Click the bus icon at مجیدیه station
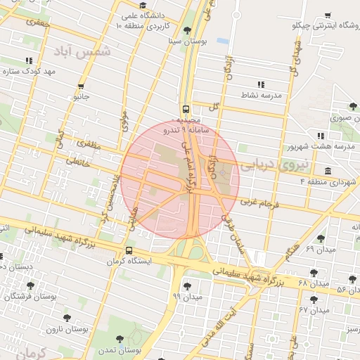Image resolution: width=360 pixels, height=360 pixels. (186, 109)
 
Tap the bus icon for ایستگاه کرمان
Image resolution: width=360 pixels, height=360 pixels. (128, 251)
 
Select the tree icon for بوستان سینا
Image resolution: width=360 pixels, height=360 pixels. (186, 30)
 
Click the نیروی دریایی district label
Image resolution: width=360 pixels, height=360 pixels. (274, 166)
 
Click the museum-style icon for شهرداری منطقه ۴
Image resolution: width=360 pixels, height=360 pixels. (328, 171)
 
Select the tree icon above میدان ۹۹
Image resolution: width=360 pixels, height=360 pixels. (186, 285)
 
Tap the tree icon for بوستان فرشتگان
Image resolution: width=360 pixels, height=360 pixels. (30, 285)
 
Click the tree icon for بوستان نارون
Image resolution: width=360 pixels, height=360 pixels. (67, 318)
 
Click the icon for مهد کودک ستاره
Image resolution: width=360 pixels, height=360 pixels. (28, 61)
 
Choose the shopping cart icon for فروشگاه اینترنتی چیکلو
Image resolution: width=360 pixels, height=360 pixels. (328, 15)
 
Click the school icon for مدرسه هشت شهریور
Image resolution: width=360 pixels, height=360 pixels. (321, 135)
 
